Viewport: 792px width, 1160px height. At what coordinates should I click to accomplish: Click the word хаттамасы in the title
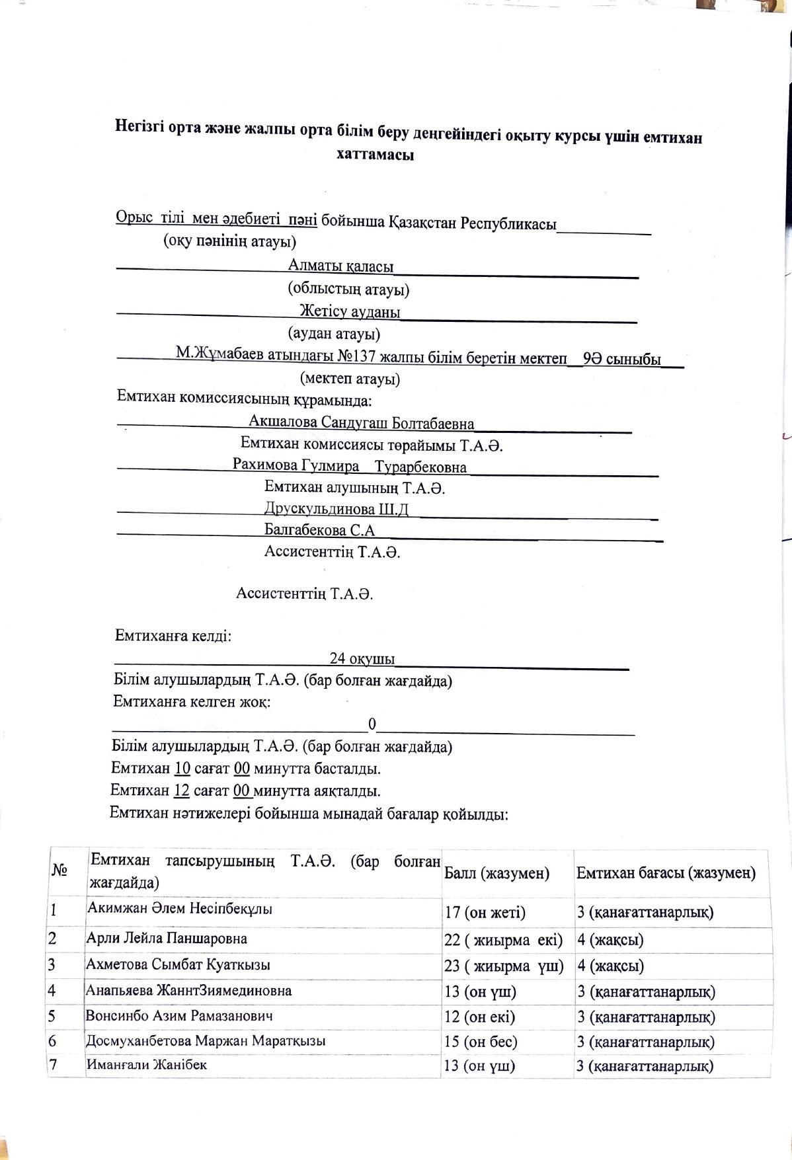coord(375,156)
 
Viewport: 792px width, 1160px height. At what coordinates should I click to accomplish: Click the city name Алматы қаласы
coord(340,266)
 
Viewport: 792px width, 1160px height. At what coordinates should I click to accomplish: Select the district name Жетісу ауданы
coord(350,311)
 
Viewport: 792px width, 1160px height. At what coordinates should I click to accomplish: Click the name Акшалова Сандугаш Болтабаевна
coord(361,422)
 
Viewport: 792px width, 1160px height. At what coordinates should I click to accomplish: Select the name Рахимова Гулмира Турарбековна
coord(349,466)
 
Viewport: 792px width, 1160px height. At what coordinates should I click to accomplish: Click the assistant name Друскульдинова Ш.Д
coord(336,509)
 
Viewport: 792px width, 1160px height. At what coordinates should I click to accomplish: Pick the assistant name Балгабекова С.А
coord(319,530)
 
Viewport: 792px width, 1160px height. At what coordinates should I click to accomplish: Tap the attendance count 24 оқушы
coord(362,658)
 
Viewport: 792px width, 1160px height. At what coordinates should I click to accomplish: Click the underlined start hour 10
coord(182,769)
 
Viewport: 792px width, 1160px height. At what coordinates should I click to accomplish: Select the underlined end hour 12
coord(182,791)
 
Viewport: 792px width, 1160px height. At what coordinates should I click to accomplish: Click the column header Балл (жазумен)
coord(496,873)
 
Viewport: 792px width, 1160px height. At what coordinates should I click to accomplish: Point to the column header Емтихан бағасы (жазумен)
coord(666,873)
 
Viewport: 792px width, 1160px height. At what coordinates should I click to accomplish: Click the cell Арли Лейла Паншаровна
coord(167,938)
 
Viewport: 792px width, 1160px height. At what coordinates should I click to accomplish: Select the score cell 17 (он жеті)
coord(485,913)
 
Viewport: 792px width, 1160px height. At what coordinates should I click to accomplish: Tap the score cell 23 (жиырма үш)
coord(504,966)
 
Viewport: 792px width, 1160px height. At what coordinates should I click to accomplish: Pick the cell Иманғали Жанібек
coord(147,1064)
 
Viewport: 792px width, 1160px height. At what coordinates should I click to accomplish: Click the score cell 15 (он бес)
coord(481,1042)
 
